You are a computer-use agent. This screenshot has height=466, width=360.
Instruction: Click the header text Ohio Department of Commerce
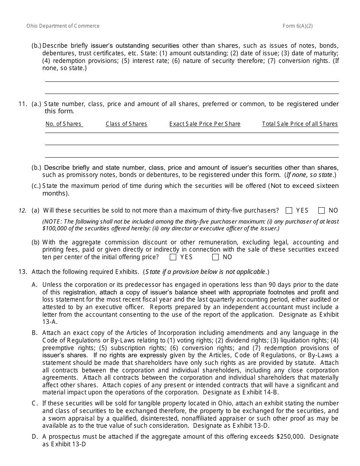pos(63,26)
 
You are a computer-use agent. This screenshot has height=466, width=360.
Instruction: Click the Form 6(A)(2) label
pos(297,26)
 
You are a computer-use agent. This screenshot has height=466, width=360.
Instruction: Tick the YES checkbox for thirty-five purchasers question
pos(289,211)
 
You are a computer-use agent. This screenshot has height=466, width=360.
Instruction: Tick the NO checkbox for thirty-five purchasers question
pos(322,211)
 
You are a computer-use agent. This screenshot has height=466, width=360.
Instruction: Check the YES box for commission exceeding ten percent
pos(173,257)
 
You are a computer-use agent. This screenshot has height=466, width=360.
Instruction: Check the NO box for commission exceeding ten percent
pos(216,257)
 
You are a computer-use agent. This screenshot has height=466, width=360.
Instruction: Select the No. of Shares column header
pos(63,124)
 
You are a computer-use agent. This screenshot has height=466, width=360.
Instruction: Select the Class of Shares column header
pos(126,124)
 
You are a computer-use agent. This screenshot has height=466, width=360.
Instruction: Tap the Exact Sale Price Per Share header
pos(205,124)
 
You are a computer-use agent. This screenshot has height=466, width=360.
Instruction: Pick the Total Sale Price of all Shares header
pos(300,124)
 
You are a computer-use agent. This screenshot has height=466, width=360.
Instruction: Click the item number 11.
pos(23,104)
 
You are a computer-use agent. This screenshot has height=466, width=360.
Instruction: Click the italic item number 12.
pos(23,211)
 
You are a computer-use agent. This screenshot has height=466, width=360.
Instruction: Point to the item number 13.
pos(23,272)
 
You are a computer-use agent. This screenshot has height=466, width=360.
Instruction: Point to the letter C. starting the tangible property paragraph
pos(35,403)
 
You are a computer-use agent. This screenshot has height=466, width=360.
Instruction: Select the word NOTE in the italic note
pos(52,221)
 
